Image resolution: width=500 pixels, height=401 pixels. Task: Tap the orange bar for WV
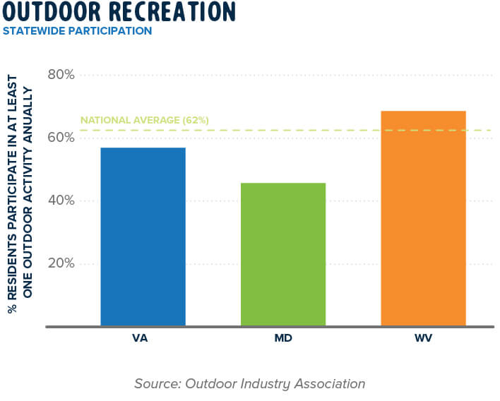click(423, 218)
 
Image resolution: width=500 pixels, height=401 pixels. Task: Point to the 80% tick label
click(61, 75)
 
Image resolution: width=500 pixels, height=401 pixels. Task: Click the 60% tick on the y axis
click(61, 138)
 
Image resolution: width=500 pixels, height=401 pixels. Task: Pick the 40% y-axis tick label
click(61, 200)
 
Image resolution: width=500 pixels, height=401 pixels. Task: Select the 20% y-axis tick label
click(61, 263)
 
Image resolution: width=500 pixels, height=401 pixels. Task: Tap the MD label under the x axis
click(283, 339)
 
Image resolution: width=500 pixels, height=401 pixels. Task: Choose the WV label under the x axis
click(424, 339)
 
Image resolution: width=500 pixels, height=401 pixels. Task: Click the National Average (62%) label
click(144, 121)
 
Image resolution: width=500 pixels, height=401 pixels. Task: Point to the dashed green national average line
click(318, 130)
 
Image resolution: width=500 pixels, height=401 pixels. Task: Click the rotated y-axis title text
click(19, 200)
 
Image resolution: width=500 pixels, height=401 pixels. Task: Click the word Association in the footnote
click(329, 384)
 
